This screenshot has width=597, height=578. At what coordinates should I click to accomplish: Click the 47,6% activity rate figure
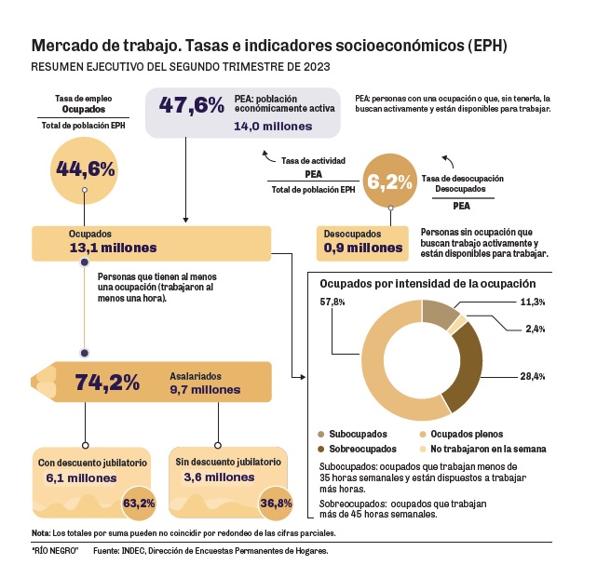(192, 105)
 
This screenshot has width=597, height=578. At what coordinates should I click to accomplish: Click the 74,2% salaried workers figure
(107, 383)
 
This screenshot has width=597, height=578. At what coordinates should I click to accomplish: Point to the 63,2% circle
(139, 504)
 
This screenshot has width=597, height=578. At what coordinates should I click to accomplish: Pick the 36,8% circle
(277, 504)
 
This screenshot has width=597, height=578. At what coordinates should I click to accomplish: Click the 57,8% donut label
(332, 302)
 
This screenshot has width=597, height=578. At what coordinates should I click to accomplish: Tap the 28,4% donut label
(532, 376)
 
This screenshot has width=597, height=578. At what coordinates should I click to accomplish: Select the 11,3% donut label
(532, 302)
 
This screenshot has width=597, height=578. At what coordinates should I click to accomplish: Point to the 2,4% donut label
(535, 328)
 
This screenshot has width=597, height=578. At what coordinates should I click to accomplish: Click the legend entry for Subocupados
(354, 434)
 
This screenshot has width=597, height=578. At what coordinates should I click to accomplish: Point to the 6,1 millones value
(81, 477)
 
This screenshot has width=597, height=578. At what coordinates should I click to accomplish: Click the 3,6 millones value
(215, 477)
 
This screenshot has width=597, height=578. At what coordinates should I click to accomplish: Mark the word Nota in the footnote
(41, 533)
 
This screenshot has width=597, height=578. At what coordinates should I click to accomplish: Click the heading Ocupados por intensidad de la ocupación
(427, 283)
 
